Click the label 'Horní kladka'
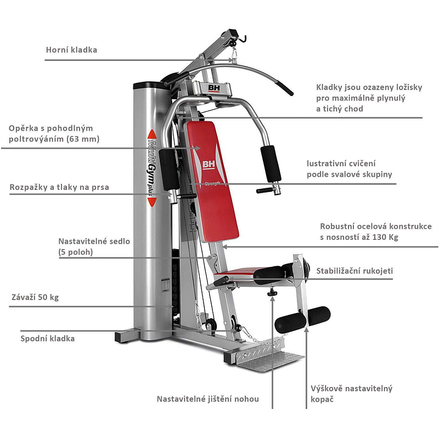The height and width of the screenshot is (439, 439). pos(71,50)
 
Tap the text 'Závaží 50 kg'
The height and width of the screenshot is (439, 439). pos(35,298)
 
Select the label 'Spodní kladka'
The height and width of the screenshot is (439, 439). pos(48,339)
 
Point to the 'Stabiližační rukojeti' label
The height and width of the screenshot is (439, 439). pos(354,271)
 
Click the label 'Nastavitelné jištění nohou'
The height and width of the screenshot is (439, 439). pos(207,399)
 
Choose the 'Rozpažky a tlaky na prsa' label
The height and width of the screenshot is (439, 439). pos(59,187)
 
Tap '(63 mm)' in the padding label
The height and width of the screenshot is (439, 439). pos(82,139)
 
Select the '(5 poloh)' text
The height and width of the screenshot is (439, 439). pos(76,252)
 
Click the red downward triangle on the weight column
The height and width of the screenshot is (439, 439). pos(152,202)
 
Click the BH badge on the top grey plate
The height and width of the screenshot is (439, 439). pos(213,87)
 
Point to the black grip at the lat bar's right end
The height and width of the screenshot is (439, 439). pos(284,87)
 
